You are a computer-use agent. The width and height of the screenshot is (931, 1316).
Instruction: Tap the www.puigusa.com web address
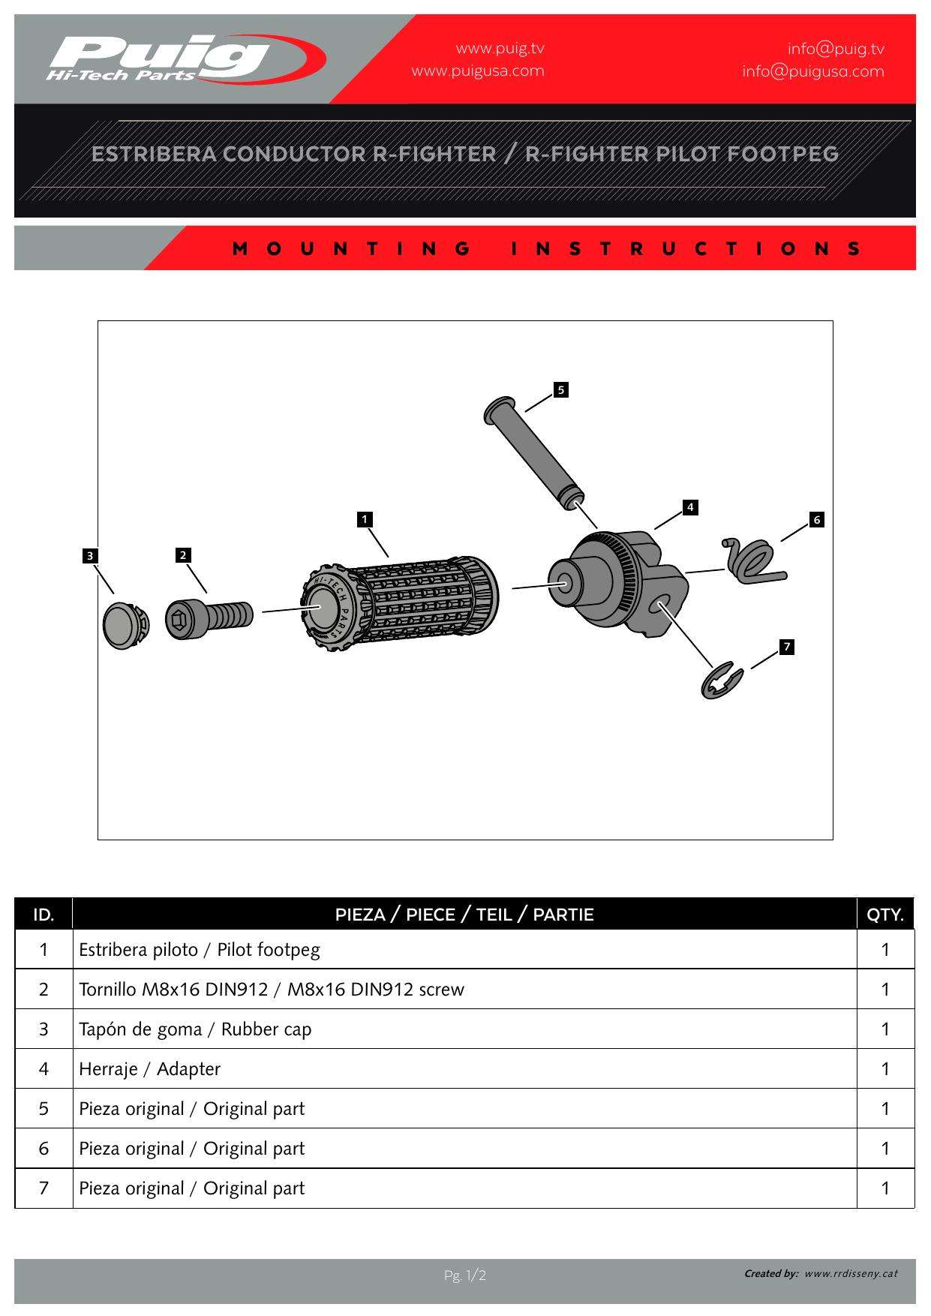[x=478, y=71]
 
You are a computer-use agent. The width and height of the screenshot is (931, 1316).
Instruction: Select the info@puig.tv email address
[x=836, y=49]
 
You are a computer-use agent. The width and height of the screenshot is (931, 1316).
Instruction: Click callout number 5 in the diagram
[x=560, y=389]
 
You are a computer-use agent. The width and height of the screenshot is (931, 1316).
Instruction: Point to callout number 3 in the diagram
[x=90, y=556]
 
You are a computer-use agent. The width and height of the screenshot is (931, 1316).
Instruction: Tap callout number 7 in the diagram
[x=786, y=647]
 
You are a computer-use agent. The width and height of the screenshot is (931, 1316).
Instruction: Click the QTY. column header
[x=885, y=915]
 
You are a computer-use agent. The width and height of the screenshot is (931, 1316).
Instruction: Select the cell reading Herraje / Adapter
[x=150, y=1069]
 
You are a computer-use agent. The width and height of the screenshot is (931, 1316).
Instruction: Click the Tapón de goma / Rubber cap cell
[x=195, y=1029]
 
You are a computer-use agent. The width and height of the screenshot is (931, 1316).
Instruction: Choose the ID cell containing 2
[x=44, y=990]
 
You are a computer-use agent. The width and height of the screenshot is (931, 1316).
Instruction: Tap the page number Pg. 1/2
[x=465, y=1275]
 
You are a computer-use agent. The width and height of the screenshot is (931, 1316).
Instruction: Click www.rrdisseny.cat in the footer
[x=851, y=1273]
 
